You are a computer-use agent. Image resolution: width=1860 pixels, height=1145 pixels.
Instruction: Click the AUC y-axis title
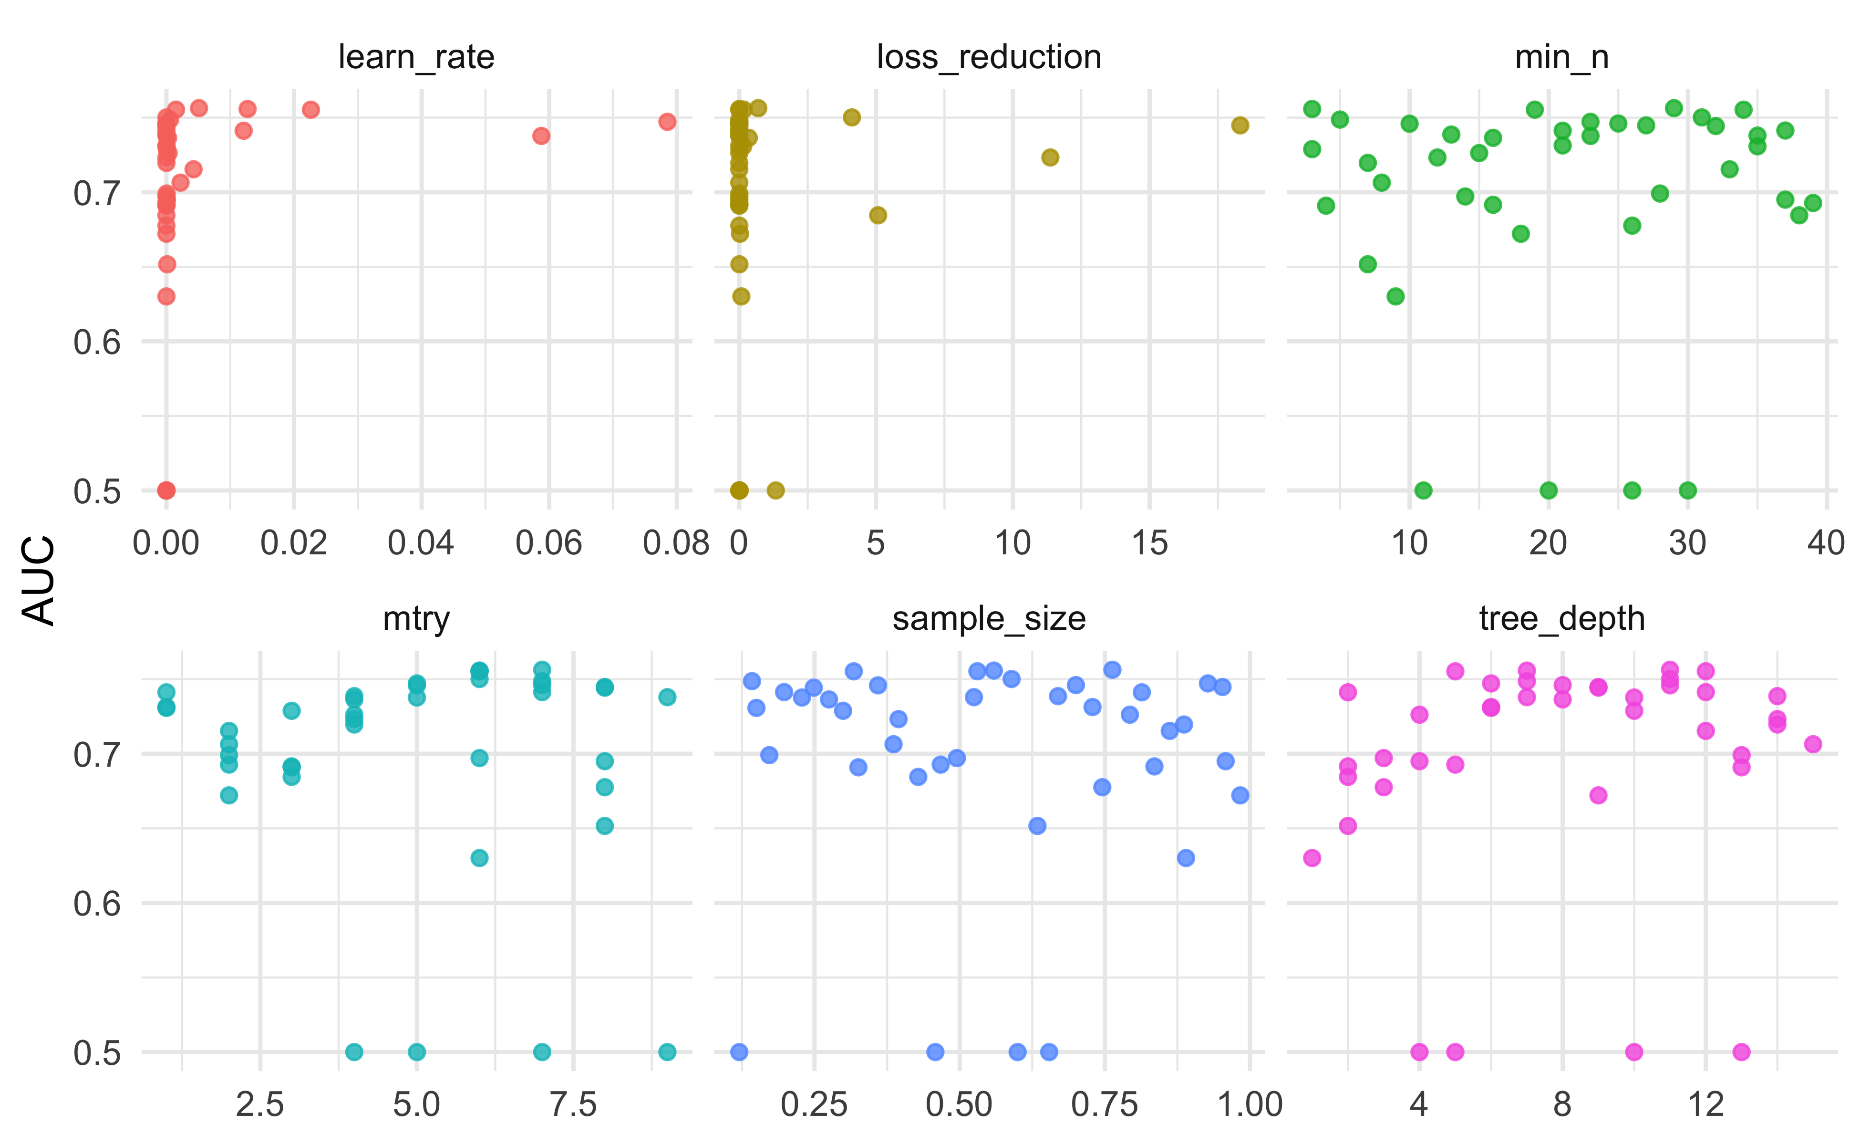(38, 580)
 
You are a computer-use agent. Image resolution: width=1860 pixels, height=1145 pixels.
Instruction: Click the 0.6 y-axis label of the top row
(97, 342)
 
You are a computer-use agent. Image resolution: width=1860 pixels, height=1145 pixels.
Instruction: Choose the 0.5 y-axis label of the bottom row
(97, 1052)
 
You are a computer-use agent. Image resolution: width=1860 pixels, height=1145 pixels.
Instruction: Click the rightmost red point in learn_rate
(666, 122)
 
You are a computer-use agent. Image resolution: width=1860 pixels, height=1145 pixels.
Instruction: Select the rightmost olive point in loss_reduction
(1239, 125)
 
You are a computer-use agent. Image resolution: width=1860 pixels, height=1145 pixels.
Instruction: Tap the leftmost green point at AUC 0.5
(1423, 490)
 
